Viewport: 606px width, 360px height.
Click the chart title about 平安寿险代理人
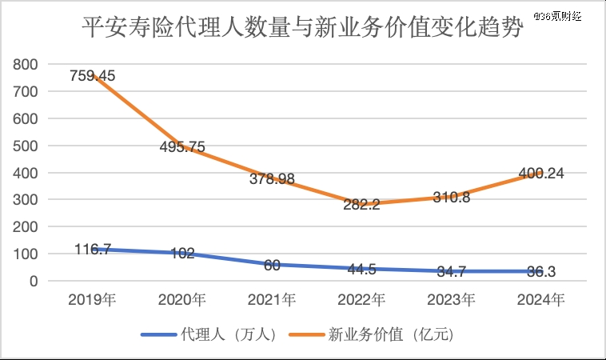click(303, 30)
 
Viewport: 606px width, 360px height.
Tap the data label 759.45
click(92, 76)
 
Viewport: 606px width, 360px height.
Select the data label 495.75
click(182, 146)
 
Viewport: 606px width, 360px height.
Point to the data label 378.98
click(271, 179)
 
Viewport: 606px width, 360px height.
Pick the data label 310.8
click(452, 197)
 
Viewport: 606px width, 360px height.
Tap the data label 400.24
click(541, 172)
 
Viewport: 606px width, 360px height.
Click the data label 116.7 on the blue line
click(92, 250)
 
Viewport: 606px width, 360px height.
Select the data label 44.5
click(361, 269)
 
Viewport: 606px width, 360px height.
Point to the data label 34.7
click(452, 272)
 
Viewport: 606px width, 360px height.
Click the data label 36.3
click(541, 272)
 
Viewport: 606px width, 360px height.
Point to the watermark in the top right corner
click(564, 16)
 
